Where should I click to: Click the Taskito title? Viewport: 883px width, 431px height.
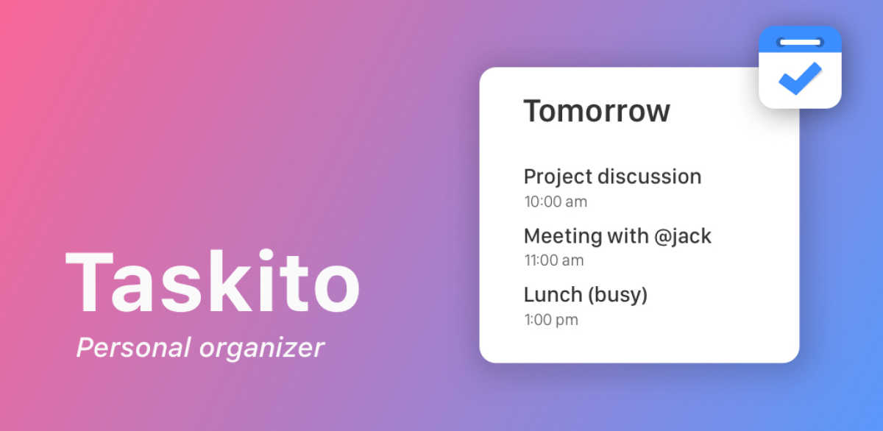point(213,283)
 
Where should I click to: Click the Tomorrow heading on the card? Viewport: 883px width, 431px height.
point(597,111)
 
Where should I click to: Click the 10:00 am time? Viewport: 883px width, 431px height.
point(556,202)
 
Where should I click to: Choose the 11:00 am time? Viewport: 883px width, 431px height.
point(554,260)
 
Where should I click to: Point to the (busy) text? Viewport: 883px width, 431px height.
point(617,296)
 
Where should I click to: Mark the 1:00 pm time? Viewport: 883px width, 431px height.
point(551,320)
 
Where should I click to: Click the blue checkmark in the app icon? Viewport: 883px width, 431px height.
point(799,78)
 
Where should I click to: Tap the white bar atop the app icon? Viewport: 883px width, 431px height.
point(800,42)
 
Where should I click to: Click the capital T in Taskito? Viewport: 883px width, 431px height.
point(93,283)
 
